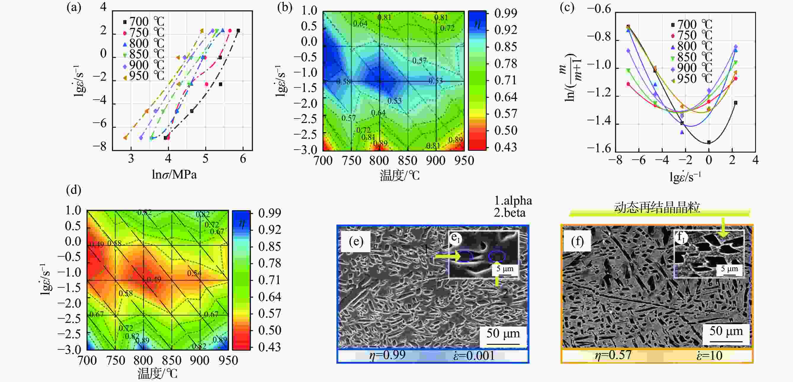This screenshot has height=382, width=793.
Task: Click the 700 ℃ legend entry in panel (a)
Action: pos(143,22)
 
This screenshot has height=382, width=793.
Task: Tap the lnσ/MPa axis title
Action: pos(174,174)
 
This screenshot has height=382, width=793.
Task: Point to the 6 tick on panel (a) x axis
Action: pos(243,159)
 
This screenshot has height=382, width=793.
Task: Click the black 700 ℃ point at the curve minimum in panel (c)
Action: pos(709,142)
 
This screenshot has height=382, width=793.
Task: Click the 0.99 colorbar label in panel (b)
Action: pos(505,13)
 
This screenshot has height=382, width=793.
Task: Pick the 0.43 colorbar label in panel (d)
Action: pos(269,347)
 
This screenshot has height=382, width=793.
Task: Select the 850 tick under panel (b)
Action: pos(408,161)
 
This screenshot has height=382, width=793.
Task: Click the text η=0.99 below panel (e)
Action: pos(387,355)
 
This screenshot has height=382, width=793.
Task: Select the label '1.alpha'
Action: pos(513,201)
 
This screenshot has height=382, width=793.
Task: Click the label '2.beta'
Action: pos(510,213)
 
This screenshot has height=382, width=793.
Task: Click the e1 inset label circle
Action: pos(455,237)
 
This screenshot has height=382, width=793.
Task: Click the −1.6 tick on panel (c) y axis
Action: pos(599,148)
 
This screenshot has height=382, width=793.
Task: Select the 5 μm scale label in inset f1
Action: pos(729,269)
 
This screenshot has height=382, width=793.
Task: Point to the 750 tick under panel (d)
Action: pos(116,360)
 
